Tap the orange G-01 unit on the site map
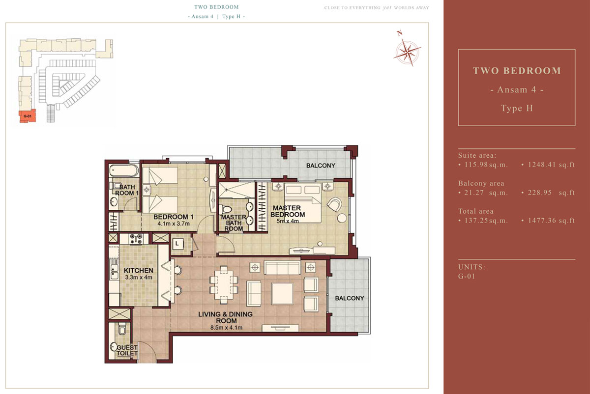tap(28, 116)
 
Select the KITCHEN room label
tap(139, 270)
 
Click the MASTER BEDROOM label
tap(287, 211)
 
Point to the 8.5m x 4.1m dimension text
tap(226, 328)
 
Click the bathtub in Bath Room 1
tap(124, 170)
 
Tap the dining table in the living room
tap(224, 284)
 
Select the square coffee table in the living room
tap(282, 293)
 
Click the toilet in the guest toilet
tap(122, 329)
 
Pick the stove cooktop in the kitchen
tap(136, 239)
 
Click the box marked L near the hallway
tap(177, 244)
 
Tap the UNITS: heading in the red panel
tap(472, 267)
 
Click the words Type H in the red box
tap(517, 108)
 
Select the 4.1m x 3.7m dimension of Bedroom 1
tap(174, 224)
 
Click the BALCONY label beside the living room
tap(350, 298)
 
